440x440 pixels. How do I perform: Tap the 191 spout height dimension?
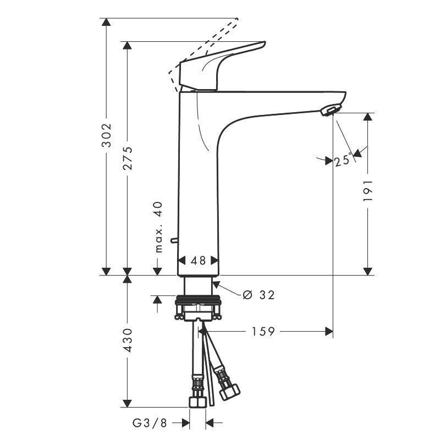[x=368, y=191]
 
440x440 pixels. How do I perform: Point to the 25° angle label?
[x=343, y=160]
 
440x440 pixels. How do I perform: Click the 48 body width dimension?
[x=198, y=261]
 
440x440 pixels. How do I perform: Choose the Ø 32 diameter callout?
[x=258, y=295]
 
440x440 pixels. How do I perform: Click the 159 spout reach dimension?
[x=263, y=331]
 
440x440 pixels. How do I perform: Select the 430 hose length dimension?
[x=127, y=340]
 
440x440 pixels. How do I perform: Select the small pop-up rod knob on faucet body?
[x=173, y=240]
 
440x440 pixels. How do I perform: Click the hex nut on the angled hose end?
[x=229, y=392]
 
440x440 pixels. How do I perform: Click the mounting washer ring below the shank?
[x=197, y=301]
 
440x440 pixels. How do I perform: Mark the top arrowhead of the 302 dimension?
[x=107, y=23]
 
